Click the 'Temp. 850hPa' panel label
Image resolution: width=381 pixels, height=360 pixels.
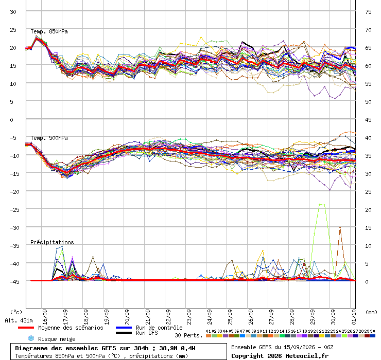pyautogui.click(x=49, y=31)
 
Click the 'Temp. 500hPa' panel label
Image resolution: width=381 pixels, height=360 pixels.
pyautogui.click(x=49, y=138)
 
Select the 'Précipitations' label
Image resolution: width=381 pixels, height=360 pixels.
pyautogui.click(x=52, y=242)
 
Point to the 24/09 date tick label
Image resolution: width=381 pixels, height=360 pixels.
pyautogui.click(x=210, y=317)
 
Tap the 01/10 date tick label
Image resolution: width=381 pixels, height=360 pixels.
pyautogui.click(x=354, y=317)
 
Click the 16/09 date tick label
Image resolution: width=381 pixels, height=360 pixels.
pyautogui.click(x=45, y=317)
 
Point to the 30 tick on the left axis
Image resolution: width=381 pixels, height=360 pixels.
pyautogui.click(x=13, y=12)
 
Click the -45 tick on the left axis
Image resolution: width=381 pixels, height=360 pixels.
pyautogui.click(x=14, y=282)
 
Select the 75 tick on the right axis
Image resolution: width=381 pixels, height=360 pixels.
pyautogui.click(x=368, y=12)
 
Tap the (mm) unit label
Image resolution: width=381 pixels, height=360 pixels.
pyautogui.click(x=371, y=312)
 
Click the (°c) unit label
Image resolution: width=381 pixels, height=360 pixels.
pyautogui.click(x=16, y=312)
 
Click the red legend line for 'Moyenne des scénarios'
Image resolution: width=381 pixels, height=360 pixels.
pyautogui.click(x=26, y=328)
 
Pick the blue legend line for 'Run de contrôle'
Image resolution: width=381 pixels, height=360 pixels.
pyautogui.click(x=124, y=328)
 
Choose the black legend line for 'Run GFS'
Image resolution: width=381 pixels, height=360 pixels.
pyautogui.click(x=124, y=333)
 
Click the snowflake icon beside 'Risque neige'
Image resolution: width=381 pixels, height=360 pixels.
pyautogui.click(x=31, y=338)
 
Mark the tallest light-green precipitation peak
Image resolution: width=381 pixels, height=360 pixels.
pyautogui.click(x=322, y=204)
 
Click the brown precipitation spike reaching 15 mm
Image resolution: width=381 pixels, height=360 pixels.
pyautogui.click(x=340, y=227)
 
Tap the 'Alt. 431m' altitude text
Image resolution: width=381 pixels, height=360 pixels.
pyautogui.click(x=19, y=321)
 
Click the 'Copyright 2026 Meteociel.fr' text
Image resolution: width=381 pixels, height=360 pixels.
pyautogui.click(x=280, y=356)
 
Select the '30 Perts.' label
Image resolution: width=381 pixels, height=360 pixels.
pyautogui.click(x=188, y=335)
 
